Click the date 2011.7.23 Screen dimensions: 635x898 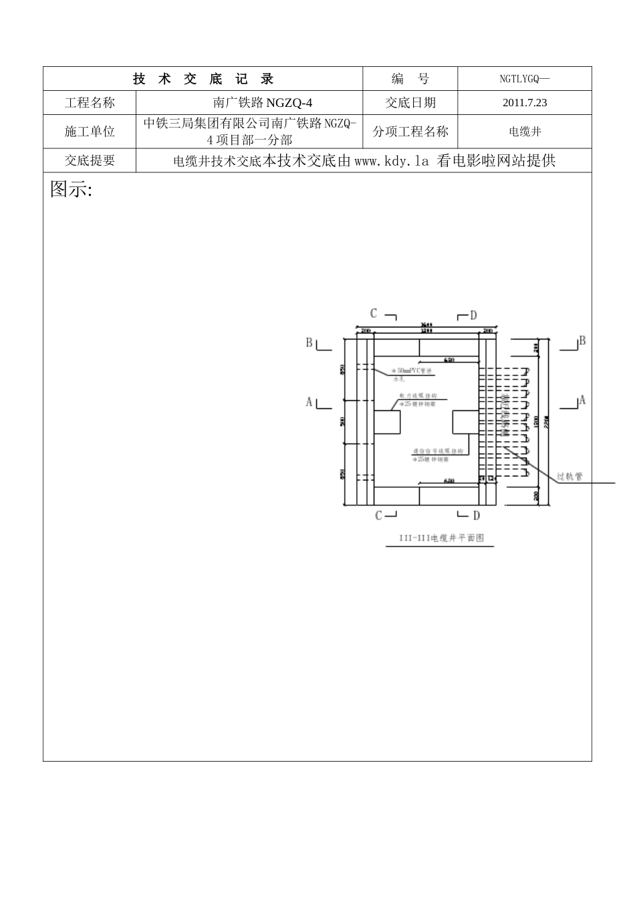pos(524,103)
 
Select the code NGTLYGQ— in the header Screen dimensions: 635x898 pos(524,79)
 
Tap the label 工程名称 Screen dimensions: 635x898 pos(90,103)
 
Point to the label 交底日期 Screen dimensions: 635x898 pos(410,103)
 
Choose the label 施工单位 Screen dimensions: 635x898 pos(90,132)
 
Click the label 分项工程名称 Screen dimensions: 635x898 pos(410,132)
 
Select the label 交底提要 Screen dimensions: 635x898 pos(90,160)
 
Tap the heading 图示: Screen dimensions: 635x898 pos(71,190)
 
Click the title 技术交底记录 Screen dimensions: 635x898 pos(203,79)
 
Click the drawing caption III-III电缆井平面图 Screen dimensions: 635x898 pos(440,538)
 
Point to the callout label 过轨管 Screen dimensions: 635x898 pos(569,476)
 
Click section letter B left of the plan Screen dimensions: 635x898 pos(309,343)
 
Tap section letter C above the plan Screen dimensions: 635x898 pos(374,313)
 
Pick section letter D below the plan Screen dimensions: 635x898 pos(476,515)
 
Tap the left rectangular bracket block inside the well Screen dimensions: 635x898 pos(386,424)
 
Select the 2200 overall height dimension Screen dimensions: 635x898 pos(547,421)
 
